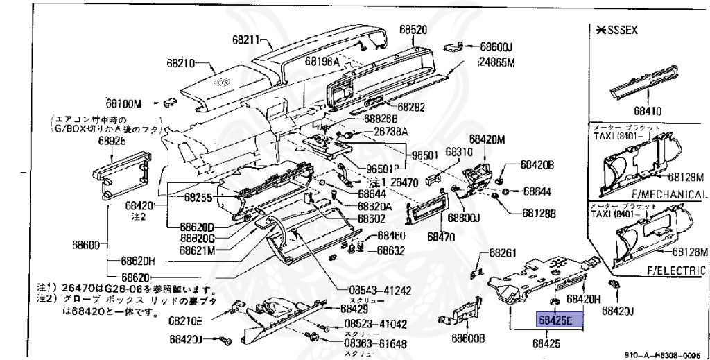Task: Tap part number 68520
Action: click(413, 29)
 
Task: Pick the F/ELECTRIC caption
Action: click(675, 270)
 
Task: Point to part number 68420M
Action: click(486, 139)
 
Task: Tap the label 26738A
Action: click(391, 131)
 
